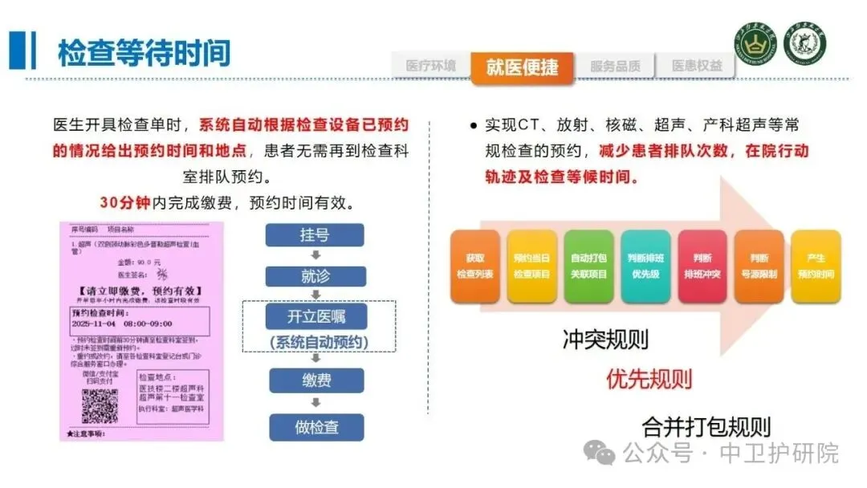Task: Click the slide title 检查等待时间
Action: pyautogui.click(x=144, y=52)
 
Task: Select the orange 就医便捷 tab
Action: pyautogui.click(x=522, y=67)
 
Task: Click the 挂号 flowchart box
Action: pyautogui.click(x=315, y=234)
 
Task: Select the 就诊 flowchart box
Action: pyautogui.click(x=315, y=276)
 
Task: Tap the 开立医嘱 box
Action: pyautogui.click(x=315, y=316)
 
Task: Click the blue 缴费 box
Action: pyautogui.click(x=315, y=380)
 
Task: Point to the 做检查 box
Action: pyautogui.click(x=315, y=427)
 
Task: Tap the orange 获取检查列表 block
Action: pyautogui.click(x=474, y=266)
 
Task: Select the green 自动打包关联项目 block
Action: pyautogui.click(x=588, y=266)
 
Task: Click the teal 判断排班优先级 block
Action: pyautogui.click(x=645, y=266)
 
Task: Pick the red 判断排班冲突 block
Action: pyautogui.click(x=702, y=266)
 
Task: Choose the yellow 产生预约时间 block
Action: pyautogui.click(x=816, y=266)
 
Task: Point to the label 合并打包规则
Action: pyautogui.click(x=706, y=425)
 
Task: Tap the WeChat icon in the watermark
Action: pyautogui.click(x=600, y=452)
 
